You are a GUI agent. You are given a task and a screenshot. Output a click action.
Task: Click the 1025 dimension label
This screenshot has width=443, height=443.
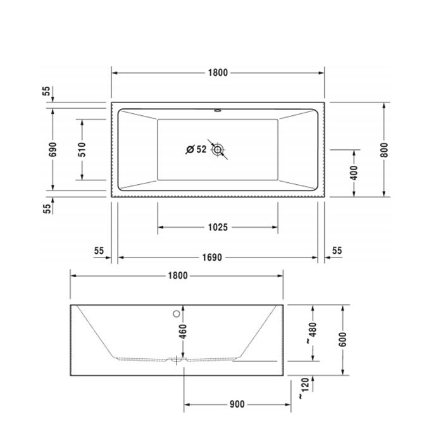click(x=217, y=227)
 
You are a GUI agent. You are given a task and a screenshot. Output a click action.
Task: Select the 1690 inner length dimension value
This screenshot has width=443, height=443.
click(x=217, y=258)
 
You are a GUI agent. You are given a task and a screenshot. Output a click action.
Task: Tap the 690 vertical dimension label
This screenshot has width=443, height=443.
click(x=53, y=149)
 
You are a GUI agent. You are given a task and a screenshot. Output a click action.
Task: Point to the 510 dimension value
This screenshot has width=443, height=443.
click(x=82, y=149)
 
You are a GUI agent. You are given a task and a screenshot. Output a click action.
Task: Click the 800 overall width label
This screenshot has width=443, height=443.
click(x=384, y=149)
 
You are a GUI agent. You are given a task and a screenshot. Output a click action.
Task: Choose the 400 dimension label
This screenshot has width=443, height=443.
click(x=354, y=172)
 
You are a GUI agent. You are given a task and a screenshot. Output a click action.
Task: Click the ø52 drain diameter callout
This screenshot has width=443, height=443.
click(x=196, y=149)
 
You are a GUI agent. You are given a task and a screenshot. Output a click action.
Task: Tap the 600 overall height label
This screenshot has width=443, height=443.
click(x=342, y=340)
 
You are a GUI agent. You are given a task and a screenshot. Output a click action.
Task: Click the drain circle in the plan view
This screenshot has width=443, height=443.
click(x=219, y=150)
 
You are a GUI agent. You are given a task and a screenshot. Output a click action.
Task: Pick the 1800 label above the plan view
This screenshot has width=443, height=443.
click(x=217, y=72)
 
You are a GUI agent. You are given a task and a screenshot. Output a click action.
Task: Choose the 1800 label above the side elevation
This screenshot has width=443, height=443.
click(x=177, y=275)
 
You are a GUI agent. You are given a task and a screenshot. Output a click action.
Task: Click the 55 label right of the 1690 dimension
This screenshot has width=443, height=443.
click(x=337, y=251)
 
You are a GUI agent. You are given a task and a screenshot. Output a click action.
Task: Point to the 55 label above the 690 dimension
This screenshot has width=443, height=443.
click(x=46, y=90)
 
